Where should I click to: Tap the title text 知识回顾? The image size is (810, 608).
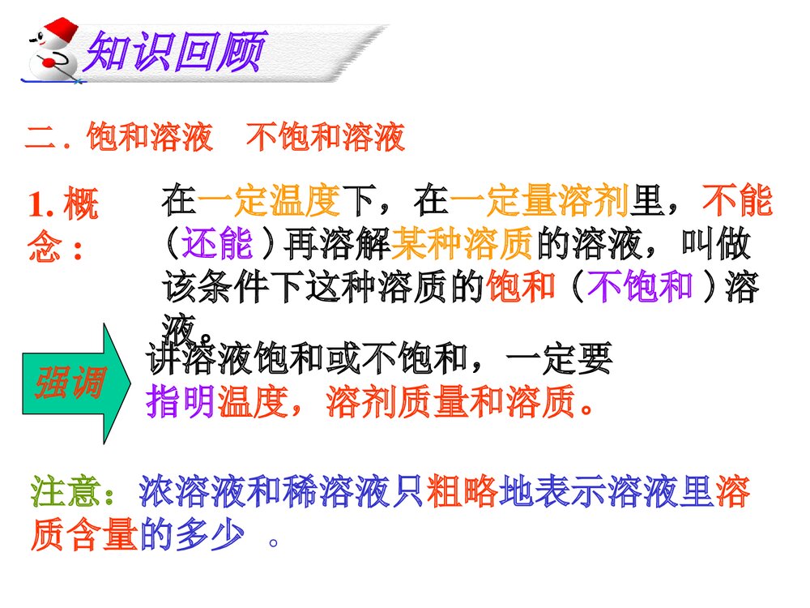174,53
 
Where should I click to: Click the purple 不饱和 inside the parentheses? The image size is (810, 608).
639,286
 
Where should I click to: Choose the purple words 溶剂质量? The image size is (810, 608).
380,400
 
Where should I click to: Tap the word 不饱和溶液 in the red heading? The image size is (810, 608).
325,139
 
